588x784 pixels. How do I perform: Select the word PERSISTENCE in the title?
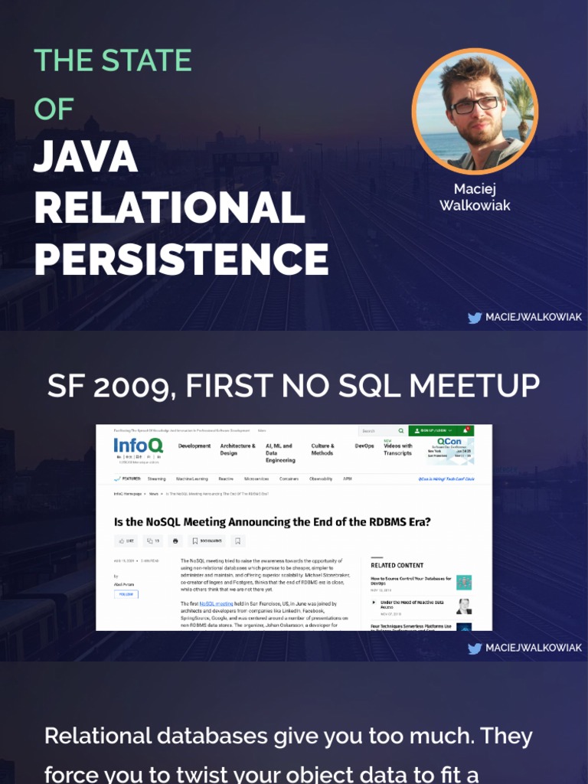[x=181, y=260]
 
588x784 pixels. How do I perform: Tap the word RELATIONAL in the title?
[x=169, y=208]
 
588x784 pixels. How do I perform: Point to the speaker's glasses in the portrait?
[x=475, y=104]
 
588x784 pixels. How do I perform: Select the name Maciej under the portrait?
[x=475, y=189]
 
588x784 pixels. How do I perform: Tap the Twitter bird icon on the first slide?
[x=475, y=318]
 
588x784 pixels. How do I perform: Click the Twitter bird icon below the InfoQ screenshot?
[x=475, y=648]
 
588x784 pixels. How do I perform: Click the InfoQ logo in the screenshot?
[x=138, y=446]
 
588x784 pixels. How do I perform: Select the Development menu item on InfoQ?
[x=194, y=446]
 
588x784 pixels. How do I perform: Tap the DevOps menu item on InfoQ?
[x=364, y=446]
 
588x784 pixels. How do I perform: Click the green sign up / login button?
[x=440, y=431]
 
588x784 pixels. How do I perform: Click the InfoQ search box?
[x=381, y=431]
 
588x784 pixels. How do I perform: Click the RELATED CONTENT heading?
[x=397, y=565]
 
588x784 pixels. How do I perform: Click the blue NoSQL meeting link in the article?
[x=216, y=603]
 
